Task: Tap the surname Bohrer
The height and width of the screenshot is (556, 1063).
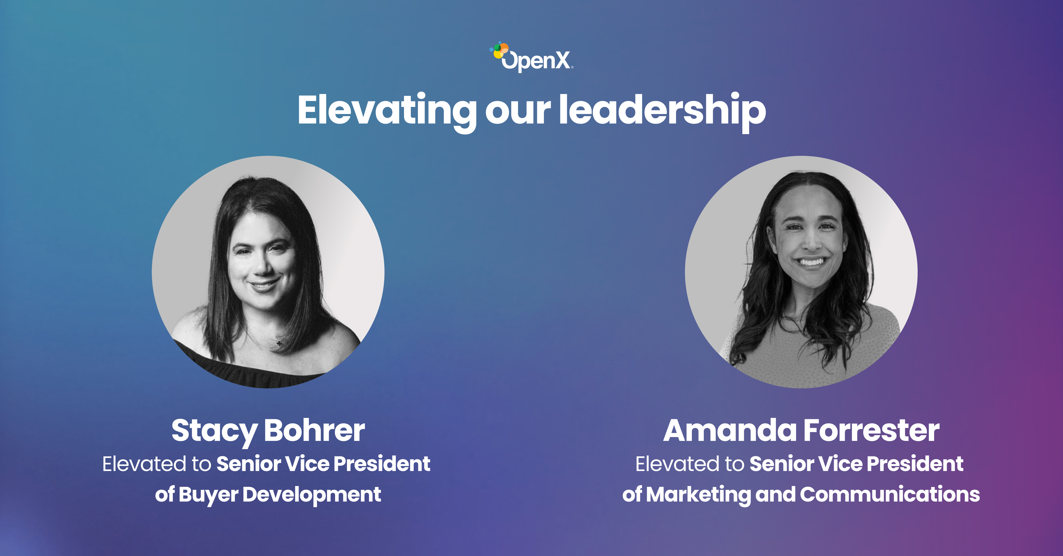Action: (314, 430)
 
